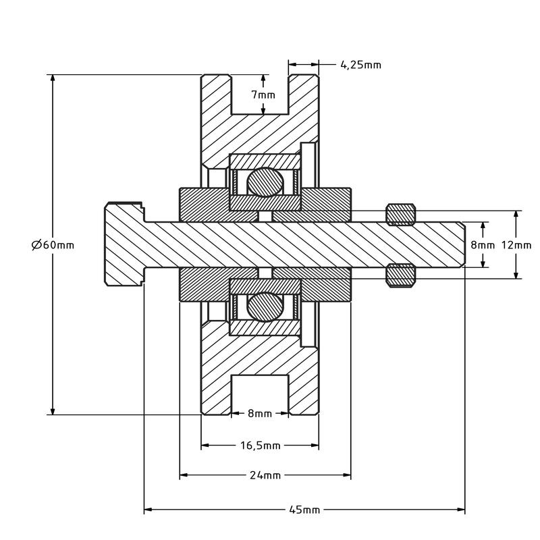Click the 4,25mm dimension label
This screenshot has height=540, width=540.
[361, 65]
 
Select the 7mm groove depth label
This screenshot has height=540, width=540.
[263, 94]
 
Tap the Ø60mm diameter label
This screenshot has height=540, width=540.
[53, 245]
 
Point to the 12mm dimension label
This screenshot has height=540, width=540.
[516, 245]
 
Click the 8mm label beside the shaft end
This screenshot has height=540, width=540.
[483, 245]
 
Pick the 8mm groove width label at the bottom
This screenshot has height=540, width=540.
[260, 413]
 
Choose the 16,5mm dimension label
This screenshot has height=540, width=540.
[261, 446]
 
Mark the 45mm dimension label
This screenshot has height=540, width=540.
[304, 510]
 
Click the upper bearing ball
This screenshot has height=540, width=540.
[265, 182]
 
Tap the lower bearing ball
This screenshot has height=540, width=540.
[265, 307]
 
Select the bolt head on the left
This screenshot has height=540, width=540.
[125, 244]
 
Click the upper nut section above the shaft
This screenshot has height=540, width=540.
[400, 214]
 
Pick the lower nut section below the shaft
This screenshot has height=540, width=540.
[400, 275]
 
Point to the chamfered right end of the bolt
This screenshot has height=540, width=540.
[463, 244]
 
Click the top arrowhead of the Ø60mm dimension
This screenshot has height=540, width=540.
[53, 78]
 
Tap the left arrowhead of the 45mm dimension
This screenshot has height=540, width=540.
[148, 510]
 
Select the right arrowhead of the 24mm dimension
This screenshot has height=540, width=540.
[347, 475]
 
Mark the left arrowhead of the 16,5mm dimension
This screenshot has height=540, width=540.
[205, 446]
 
